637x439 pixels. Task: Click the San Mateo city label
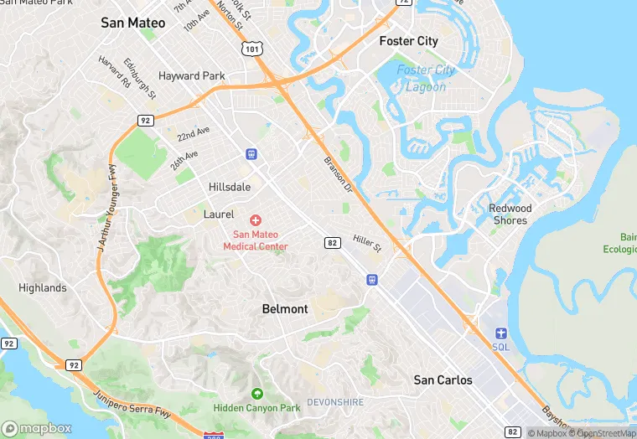133,23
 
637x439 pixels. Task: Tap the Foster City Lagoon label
426,78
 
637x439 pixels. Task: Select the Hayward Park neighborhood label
192,75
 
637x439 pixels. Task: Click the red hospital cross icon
256,219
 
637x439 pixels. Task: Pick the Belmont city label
285,308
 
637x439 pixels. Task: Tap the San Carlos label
443,380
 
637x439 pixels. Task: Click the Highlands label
43,287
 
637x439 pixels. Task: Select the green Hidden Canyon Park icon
256,393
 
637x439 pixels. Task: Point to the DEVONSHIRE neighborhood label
335,402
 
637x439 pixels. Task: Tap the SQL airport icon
501,333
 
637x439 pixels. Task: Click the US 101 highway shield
251,49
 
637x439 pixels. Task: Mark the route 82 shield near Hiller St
333,243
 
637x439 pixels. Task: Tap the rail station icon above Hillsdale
251,153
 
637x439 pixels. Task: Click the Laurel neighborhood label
219,214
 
